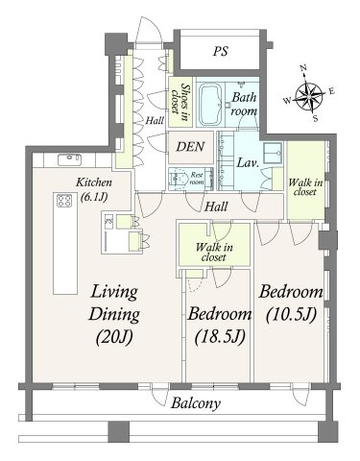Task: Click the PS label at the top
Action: pyautogui.click(x=221, y=51)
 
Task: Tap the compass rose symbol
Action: pyautogui.click(x=309, y=95)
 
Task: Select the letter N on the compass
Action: pyautogui.click(x=303, y=68)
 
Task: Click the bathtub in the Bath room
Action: pyautogui.click(x=210, y=104)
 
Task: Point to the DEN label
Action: pyautogui.click(x=190, y=147)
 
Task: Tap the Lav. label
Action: pyautogui.click(x=248, y=163)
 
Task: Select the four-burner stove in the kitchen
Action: pyautogui.click(x=64, y=201)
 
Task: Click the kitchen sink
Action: pyautogui.click(x=69, y=159)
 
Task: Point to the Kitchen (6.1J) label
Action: pyautogui.click(x=93, y=189)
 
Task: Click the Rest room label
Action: pyautogui.click(x=197, y=179)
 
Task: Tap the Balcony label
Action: pyautogui.click(x=196, y=403)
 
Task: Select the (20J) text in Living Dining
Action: pyautogui.click(x=114, y=336)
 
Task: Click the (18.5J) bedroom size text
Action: pyautogui.click(x=220, y=336)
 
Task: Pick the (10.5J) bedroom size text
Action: pyautogui.click(x=291, y=314)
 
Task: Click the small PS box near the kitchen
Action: pyautogui.click(x=108, y=221)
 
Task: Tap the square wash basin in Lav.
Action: pyautogui.click(x=273, y=153)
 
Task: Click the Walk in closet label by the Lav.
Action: pyautogui.click(x=305, y=187)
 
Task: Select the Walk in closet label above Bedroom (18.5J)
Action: pyautogui.click(x=214, y=252)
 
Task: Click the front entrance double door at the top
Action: pyautogui.click(x=148, y=30)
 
